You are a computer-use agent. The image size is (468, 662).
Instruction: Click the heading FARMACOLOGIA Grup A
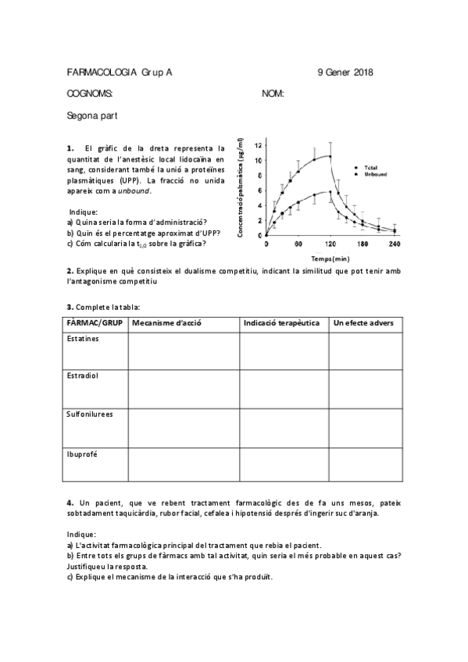[x=120, y=73]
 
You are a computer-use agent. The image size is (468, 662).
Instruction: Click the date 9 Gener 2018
[x=345, y=73]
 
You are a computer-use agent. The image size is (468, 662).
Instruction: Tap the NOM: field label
[x=273, y=94]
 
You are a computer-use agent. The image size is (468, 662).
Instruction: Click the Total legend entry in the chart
[x=370, y=167]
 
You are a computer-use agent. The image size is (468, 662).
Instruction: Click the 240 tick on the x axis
[x=394, y=244]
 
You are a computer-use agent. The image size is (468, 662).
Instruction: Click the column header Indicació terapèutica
[x=281, y=323]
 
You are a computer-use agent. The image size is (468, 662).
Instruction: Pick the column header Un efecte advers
[x=363, y=323]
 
